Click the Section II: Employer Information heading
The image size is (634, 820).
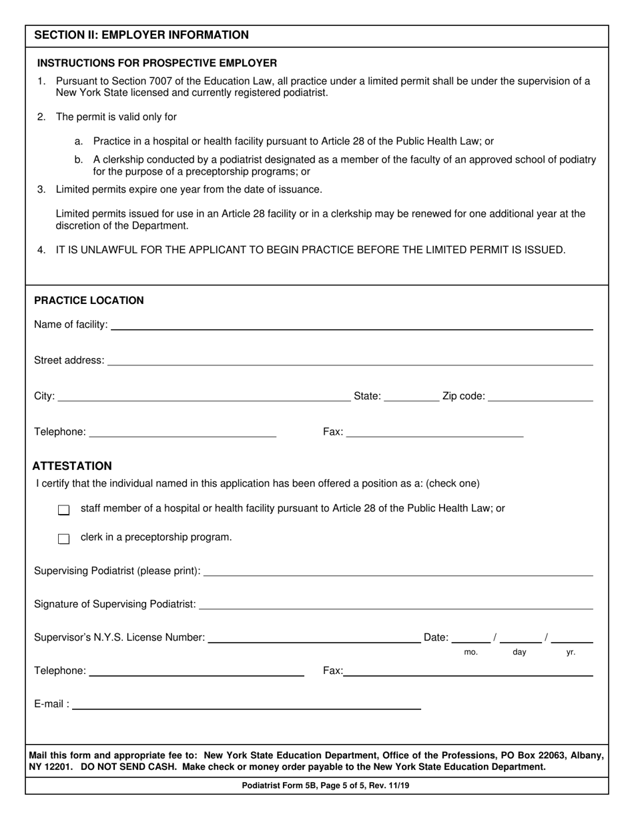(x=141, y=35)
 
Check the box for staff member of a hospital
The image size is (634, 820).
(x=64, y=510)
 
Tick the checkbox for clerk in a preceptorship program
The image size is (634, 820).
(x=64, y=539)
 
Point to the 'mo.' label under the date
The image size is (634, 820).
(x=471, y=653)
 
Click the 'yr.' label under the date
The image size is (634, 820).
(x=571, y=653)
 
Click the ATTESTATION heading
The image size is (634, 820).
(x=72, y=466)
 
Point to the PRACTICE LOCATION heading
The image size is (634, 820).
(x=89, y=301)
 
